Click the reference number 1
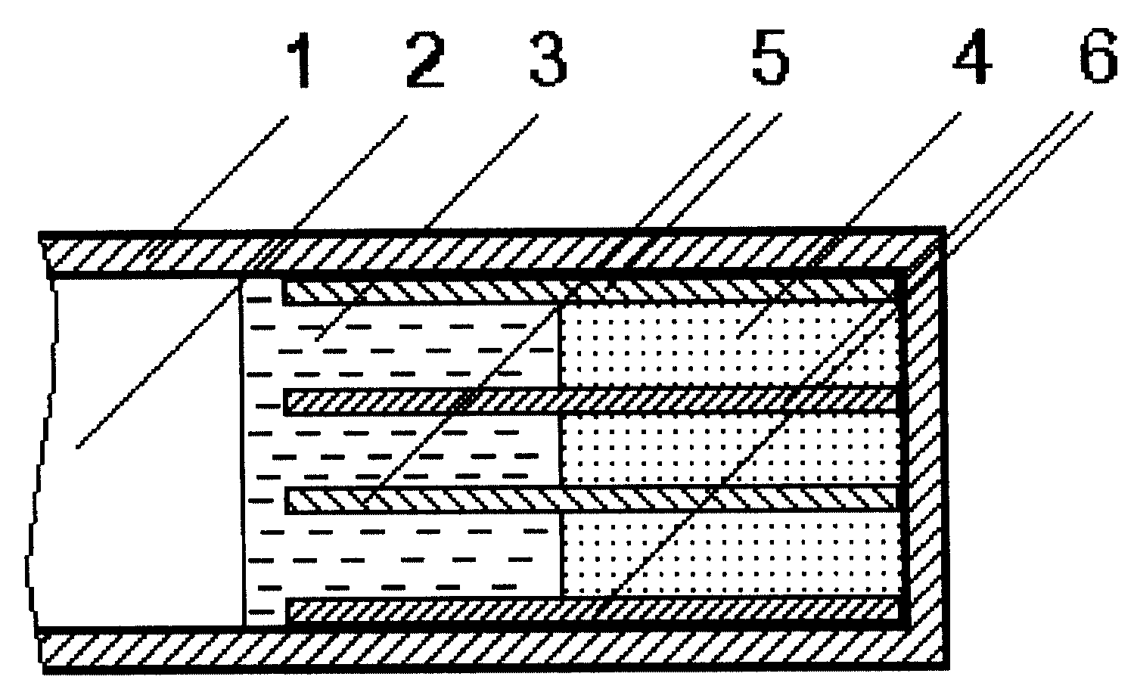coord(299,59)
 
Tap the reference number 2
coord(425,59)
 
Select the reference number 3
coord(548,58)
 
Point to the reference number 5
coord(770,57)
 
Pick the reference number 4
coord(971,56)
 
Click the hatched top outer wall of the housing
coord(491,253)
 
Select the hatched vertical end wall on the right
coord(924,451)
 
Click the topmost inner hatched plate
coord(590,292)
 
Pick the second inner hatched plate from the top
coord(591,401)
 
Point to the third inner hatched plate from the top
coord(592,499)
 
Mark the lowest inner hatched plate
coord(592,610)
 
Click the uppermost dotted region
coord(729,346)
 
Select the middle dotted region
coord(730,449)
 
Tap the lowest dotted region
coord(731,555)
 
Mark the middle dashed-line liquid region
coord(401,451)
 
